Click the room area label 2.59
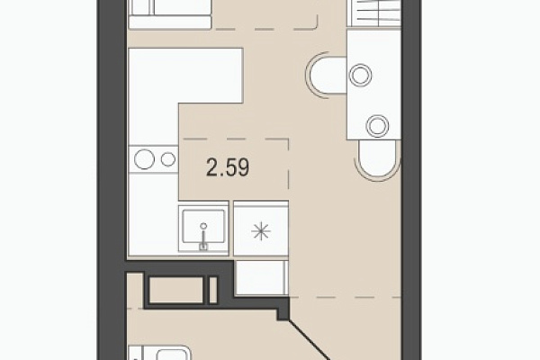228,167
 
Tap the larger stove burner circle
144,159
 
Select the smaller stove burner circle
168,159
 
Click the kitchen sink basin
203,226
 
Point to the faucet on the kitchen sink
203,236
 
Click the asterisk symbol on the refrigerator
261,231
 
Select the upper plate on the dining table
360,75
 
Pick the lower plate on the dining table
377,126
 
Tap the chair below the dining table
378,160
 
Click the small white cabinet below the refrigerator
261,278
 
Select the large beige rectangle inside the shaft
176,290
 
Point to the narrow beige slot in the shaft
213,290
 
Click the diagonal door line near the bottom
309,340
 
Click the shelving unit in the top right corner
375,13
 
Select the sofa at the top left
170,14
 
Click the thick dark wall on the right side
411,180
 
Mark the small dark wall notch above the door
283,314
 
